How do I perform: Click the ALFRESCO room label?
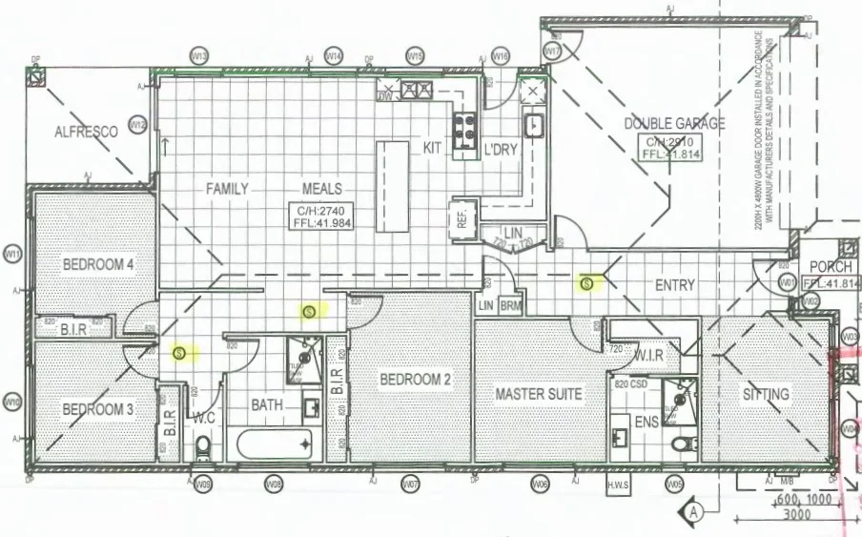[x=86, y=132]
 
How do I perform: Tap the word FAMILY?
[x=227, y=189]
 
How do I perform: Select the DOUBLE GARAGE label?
[x=674, y=123]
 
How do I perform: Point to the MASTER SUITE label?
[x=539, y=393]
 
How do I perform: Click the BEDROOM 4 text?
[x=98, y=264]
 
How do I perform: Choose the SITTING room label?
[x=766, y=393]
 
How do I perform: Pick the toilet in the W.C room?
[x=202, y=447]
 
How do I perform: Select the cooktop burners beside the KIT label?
[x=464, y=132]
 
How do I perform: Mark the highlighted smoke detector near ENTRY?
[x=587, y=282]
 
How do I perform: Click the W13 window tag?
[x=199, y=56]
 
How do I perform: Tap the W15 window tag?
[x=414, y=56]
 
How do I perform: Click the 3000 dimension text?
[x=795, y=515]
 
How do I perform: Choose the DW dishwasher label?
[x=386, y=96]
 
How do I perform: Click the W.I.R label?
[x=648, y=355]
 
